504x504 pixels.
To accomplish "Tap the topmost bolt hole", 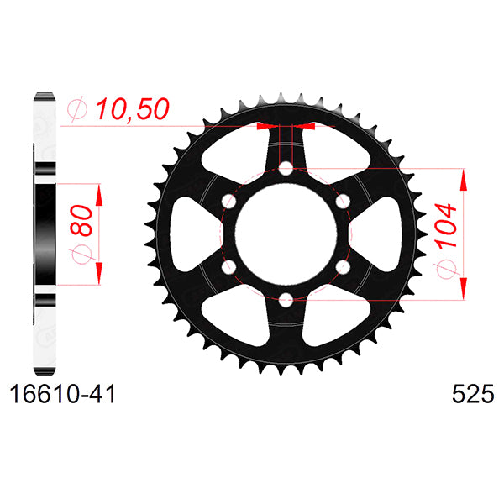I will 286,169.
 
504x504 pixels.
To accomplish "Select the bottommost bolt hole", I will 286,298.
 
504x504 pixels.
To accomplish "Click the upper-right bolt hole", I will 342,201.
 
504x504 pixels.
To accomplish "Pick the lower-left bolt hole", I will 229,266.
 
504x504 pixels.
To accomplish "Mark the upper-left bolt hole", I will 229,201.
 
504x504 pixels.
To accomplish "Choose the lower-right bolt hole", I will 342,266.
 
